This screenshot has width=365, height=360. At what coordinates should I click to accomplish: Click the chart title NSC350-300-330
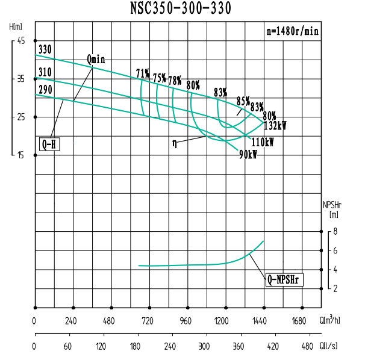pos(180,8)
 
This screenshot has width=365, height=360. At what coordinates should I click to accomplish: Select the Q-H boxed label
pos(51,144)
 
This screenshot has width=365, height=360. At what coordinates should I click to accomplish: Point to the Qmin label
pos(96,59)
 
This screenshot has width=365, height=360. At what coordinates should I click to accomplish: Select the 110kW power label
pos(263,143)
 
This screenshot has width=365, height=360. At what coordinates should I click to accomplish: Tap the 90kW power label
pos(248,155)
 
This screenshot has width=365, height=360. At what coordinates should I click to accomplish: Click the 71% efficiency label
pos(142,73)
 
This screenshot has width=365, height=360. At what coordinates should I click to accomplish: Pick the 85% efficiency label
pos(243,101)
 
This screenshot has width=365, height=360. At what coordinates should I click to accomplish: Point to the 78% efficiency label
pos(175,80)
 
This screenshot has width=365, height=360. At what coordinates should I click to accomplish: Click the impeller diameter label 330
pos(45,50)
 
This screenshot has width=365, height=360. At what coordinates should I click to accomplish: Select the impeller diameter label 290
pos(45,90)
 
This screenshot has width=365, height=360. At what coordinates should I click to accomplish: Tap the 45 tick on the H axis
pos(22,41)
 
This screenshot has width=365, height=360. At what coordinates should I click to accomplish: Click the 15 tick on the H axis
pos(22,155)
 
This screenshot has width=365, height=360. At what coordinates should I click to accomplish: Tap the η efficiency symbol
pos(175,143)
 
